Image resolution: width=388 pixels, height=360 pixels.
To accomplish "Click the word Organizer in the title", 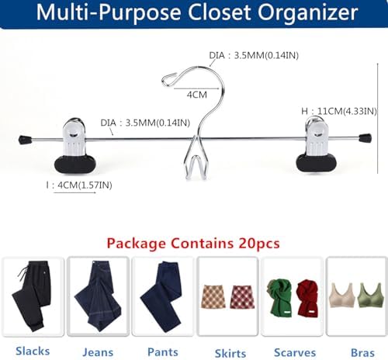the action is coord(308,13).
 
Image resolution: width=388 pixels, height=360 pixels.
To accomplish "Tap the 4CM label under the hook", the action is coord(197,95).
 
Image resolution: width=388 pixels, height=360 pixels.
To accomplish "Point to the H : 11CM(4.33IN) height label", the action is coord(339,111).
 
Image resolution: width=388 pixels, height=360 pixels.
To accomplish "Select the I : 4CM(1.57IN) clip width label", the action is coord(79,185).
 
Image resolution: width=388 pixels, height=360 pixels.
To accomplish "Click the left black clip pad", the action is coord(75,164).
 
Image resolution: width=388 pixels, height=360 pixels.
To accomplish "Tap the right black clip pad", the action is coord(317,162).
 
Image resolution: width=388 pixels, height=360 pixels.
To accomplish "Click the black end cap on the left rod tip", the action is coord(25,140).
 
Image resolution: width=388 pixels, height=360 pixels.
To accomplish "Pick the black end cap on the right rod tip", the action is coord(365,138).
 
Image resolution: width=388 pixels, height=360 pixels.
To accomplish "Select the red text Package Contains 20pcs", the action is coord(193,244).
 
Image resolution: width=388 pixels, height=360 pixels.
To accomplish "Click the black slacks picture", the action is coord(32,296).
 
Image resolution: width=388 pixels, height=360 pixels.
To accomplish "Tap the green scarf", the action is coord(279,298).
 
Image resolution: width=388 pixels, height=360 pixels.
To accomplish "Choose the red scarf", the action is coord(308,298).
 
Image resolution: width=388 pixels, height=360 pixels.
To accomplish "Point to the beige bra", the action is coord(341,296).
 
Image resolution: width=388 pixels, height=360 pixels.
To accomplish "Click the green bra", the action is coord(370,296).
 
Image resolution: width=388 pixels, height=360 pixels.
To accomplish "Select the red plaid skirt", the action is coord(242,297).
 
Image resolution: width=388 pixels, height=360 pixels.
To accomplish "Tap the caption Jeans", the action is coord(98,352).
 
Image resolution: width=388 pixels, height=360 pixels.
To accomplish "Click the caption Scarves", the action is coord(295,353).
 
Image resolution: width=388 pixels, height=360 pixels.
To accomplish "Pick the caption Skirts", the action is coord(230,353).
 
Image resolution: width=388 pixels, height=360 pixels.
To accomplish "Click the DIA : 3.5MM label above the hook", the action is coord(254,55).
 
